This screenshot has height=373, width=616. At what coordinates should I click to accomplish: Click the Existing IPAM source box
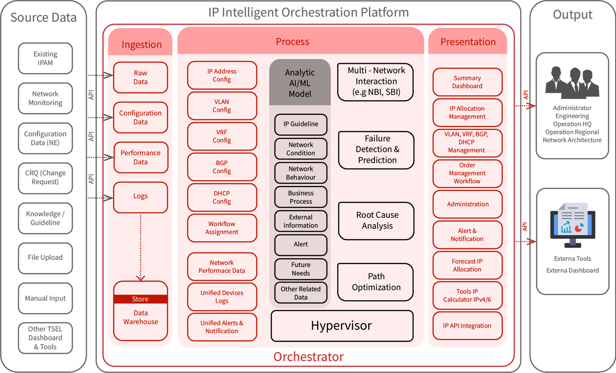pyautogui.click(x=45, y=58)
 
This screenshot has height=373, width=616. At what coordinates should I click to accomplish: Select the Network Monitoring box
pyautogui.click(x=45, y=98)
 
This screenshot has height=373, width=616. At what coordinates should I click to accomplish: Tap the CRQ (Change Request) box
pyautogui.click(x=45, y=178)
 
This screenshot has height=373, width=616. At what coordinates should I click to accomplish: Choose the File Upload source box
pyautogui.click(x=45, y=257)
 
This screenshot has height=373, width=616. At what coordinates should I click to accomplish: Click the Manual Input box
pyautogui.click(x=45, y=298)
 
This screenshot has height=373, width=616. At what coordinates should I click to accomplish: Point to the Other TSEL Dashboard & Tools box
pyautogui.click(x=45, y=338)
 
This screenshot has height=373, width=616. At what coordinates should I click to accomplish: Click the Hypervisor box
pyautogui.click(x=342, y=325)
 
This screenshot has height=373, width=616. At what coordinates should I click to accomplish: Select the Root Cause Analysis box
pyautogui.click(x=376, y=221)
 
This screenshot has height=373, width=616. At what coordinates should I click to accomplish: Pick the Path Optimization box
pyautogui.click(x=376, y=282)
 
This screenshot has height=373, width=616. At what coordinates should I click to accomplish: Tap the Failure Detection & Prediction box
pyautogui.click(x=376, y=150)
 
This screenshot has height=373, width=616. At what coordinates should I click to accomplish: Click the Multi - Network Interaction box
pyautogui.click(x=376, y=82)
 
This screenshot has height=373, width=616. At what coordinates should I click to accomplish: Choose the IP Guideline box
pyautogui.click(x=301, y=124)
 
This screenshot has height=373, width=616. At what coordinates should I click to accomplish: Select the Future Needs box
pyautogui.click(x=301, y=269)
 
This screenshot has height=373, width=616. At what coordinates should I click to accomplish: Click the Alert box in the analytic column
pyautogui.click(x=301, y=245)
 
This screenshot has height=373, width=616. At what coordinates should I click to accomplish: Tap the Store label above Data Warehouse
pyautogui.click(x=140, y=299)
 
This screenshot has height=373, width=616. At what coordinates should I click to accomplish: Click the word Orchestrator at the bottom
pyautogui.click(x=308, y=357)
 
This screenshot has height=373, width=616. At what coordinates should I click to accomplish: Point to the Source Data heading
pyautogui.click(x=43, y=18)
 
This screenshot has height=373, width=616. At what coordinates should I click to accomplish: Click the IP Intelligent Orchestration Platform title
pyautogui.click(x=308, y=13)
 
